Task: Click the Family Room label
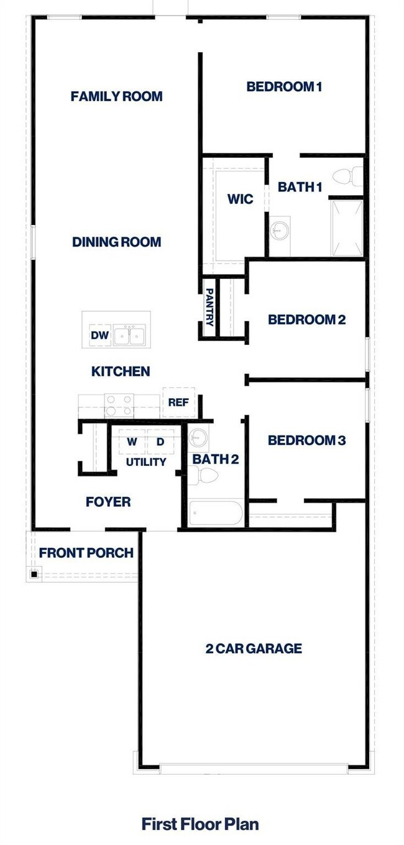click(x=116, y=96)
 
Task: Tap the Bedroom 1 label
click(x=283, y=86)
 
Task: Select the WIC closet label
click(x=240, y=200)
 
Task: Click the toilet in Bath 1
click(x=348, y=176)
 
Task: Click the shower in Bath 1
click(x=346, y=227)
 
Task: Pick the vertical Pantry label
click(x=210, y=306)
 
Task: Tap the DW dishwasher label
click(x=99, y=336)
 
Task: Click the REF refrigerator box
click(x=178, y=402)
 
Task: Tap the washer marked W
click(x=132, y=442)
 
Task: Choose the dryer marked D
click(x=160, y=442)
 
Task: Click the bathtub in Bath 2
click(x=214, y=514)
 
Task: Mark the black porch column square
click(x=34, y=573)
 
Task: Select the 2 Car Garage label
click(x=254, y=649)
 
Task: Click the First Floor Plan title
click(x=200, y=824)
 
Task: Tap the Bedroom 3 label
click(x=306, y=441)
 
